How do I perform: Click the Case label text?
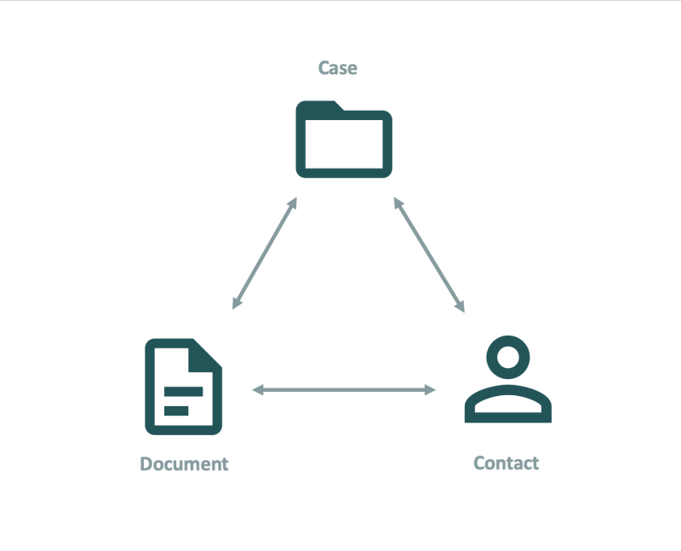(337, 68)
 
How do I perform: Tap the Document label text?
(184, 464)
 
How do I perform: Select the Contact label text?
(506, 463)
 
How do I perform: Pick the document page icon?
(150, 387)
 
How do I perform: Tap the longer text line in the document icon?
(183, 392)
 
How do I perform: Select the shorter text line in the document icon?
(176, 410)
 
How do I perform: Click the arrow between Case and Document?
(265, 253)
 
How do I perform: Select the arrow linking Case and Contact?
(429, 255)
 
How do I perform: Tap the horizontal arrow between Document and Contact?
(344, 390)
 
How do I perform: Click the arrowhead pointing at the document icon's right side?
(258, 390)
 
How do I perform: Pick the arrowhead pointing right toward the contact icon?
(430, 390)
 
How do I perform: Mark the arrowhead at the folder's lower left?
(293, 203)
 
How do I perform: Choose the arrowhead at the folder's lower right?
(398, 203)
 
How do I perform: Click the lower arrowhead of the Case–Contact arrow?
(461, 307)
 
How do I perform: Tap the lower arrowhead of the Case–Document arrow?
(237, 304)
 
